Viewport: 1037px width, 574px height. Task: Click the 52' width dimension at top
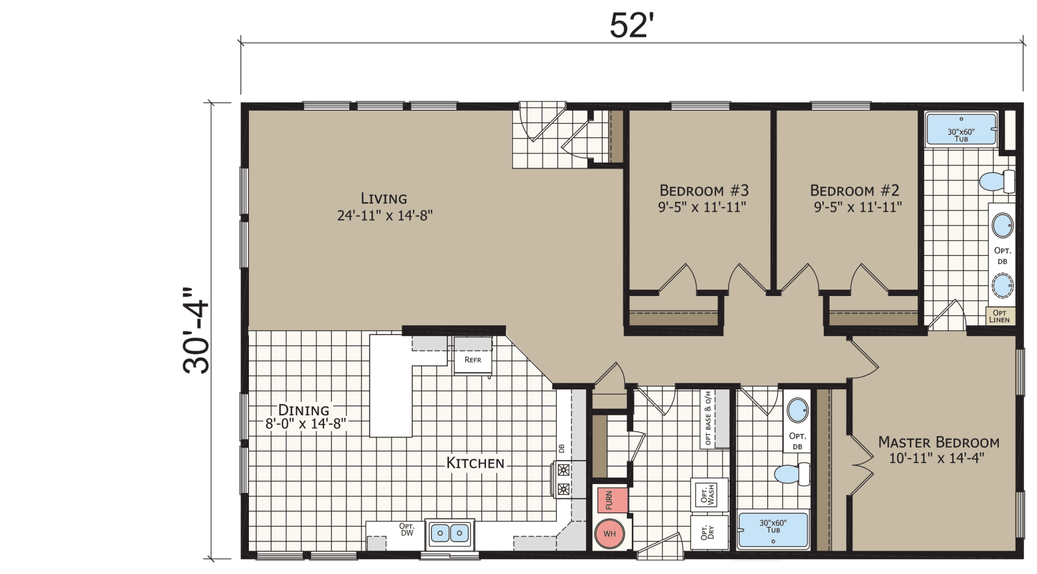tap(629, 26)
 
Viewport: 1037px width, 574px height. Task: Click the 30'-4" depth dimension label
tap(196, 330)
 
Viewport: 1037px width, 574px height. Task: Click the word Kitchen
tap(475, 463)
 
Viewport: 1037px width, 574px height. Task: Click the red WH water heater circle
tap(609, 534)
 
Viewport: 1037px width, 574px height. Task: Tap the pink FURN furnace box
tap(611, 500)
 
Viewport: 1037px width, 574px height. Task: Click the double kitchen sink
tap(449, 533)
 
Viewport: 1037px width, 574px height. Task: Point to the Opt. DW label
tap(406, 529)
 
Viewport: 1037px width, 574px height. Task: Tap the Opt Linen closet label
tap(999, 316)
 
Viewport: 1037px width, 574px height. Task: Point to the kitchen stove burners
tap(563, 479)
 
